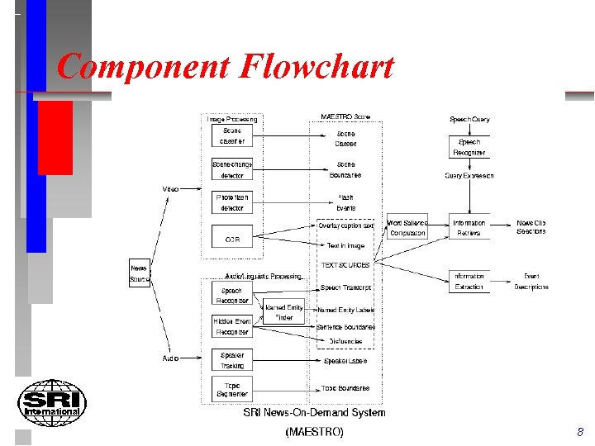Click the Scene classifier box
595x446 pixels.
232,136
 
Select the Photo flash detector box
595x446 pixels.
232,202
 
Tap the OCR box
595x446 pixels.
232,240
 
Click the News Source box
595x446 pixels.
140,273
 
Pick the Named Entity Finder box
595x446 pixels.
283,312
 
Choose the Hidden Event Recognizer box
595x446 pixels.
232,326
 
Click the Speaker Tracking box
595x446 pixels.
232,359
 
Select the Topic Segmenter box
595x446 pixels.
232,387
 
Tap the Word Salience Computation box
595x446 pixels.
407,228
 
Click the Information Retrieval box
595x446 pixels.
469,228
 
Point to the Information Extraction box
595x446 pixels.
469,281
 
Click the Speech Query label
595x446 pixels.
469,119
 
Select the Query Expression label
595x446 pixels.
469,175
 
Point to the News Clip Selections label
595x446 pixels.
531,227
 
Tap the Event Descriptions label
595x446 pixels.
531,281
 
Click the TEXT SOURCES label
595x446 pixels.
346,265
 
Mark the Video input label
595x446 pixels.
170,189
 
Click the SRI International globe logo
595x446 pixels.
51,403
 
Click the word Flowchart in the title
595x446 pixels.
317,67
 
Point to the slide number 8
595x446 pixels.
580,432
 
